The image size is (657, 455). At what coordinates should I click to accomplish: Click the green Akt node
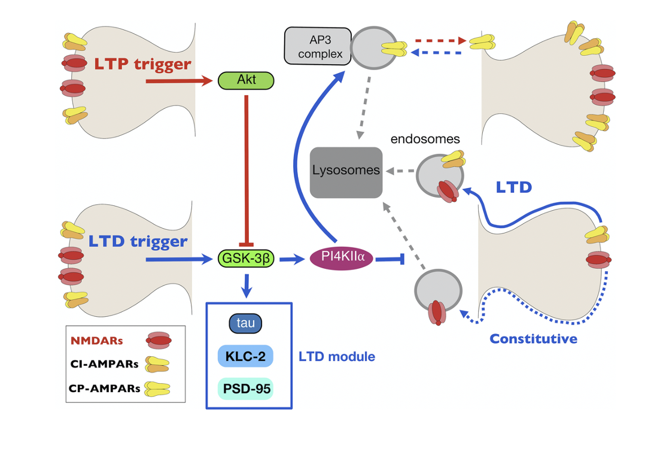point(246,80)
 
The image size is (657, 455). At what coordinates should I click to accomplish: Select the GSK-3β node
point(246,258)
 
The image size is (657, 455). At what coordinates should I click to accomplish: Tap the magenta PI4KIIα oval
point(342,257)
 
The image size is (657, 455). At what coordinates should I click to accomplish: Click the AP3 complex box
point(318,46)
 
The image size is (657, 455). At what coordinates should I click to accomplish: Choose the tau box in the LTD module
point(245,323)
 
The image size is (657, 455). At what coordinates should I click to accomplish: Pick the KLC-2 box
point(245,356)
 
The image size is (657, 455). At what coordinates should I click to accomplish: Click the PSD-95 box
point(245,389)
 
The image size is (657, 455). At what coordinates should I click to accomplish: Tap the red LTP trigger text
point(142,64)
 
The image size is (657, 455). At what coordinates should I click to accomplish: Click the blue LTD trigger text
point(138,241)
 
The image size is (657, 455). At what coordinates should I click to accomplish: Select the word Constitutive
point(533,338)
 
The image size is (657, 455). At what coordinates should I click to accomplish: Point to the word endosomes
point(425,139)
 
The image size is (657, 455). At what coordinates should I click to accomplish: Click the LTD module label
point(337,356)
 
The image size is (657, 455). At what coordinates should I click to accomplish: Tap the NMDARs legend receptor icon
point(159,340)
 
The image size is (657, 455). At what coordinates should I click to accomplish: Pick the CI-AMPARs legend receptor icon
point(157,364)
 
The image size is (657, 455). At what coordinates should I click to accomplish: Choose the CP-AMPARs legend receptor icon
point(157,389)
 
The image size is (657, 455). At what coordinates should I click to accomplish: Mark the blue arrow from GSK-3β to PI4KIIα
point(292,259)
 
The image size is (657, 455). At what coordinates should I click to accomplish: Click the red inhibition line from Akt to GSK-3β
point(246,171)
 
